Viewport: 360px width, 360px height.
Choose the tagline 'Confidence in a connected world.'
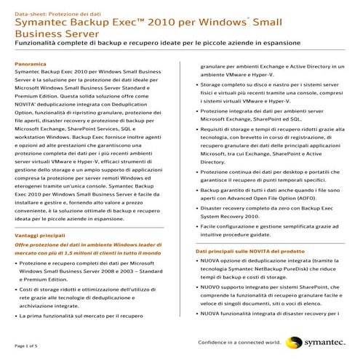tap(241, 341)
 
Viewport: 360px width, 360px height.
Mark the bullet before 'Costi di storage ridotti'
tap(17, 289)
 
